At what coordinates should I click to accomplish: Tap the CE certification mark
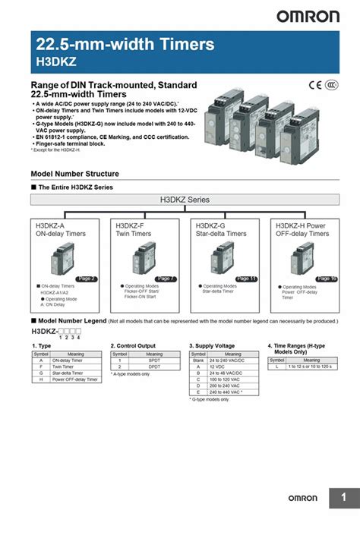(315, 86)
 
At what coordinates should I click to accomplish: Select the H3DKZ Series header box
(185, 200)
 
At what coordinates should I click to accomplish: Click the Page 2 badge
(87, 279)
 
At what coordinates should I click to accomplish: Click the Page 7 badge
(166, 279)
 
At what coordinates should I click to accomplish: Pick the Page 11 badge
(247, 279)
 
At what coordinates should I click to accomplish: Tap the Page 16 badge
(327, 279)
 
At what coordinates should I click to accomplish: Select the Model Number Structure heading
(74, 174)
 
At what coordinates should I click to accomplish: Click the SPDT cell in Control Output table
(154, 360)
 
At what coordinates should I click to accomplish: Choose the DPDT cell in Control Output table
(154, 366)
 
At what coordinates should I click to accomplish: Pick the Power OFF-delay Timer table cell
(74, 379)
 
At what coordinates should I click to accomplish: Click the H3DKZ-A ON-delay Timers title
(61, 229)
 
